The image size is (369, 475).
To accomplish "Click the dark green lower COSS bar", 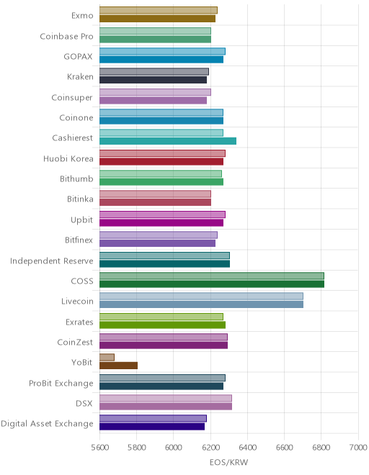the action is click(212, 284).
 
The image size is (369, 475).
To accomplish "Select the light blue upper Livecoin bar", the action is click(201, 296).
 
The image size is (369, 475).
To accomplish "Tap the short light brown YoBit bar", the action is click(107, 357).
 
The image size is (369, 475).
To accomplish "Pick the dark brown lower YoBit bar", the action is click(118, 366).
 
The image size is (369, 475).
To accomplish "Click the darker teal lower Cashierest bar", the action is click(168, 141).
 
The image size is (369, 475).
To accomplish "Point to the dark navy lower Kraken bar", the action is click(153, 80).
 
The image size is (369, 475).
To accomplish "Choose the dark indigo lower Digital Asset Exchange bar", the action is click(152, 427).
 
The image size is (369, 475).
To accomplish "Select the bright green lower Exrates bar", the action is click(162, 325).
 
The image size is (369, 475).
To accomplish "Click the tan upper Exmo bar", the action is click(159, 10).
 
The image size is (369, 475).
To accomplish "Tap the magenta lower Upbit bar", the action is click(161, 222).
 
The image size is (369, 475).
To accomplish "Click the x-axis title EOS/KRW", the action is click(228, 462).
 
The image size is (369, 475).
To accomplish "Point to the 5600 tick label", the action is click(100, 448).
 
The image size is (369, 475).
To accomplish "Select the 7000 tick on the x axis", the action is click(358, 448).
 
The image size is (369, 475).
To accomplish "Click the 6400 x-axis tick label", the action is click(248, 448).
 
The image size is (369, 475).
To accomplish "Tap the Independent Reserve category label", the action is click(52, 261).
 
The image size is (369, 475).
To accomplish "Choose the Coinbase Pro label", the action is click(66, 37).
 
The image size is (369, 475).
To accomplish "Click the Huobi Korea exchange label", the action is click(68, 159).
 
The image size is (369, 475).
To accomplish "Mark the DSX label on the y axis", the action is click(84, 404).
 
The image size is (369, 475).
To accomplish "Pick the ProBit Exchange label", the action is click(61, 383).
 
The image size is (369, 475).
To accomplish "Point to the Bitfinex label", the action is click(79, 240).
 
